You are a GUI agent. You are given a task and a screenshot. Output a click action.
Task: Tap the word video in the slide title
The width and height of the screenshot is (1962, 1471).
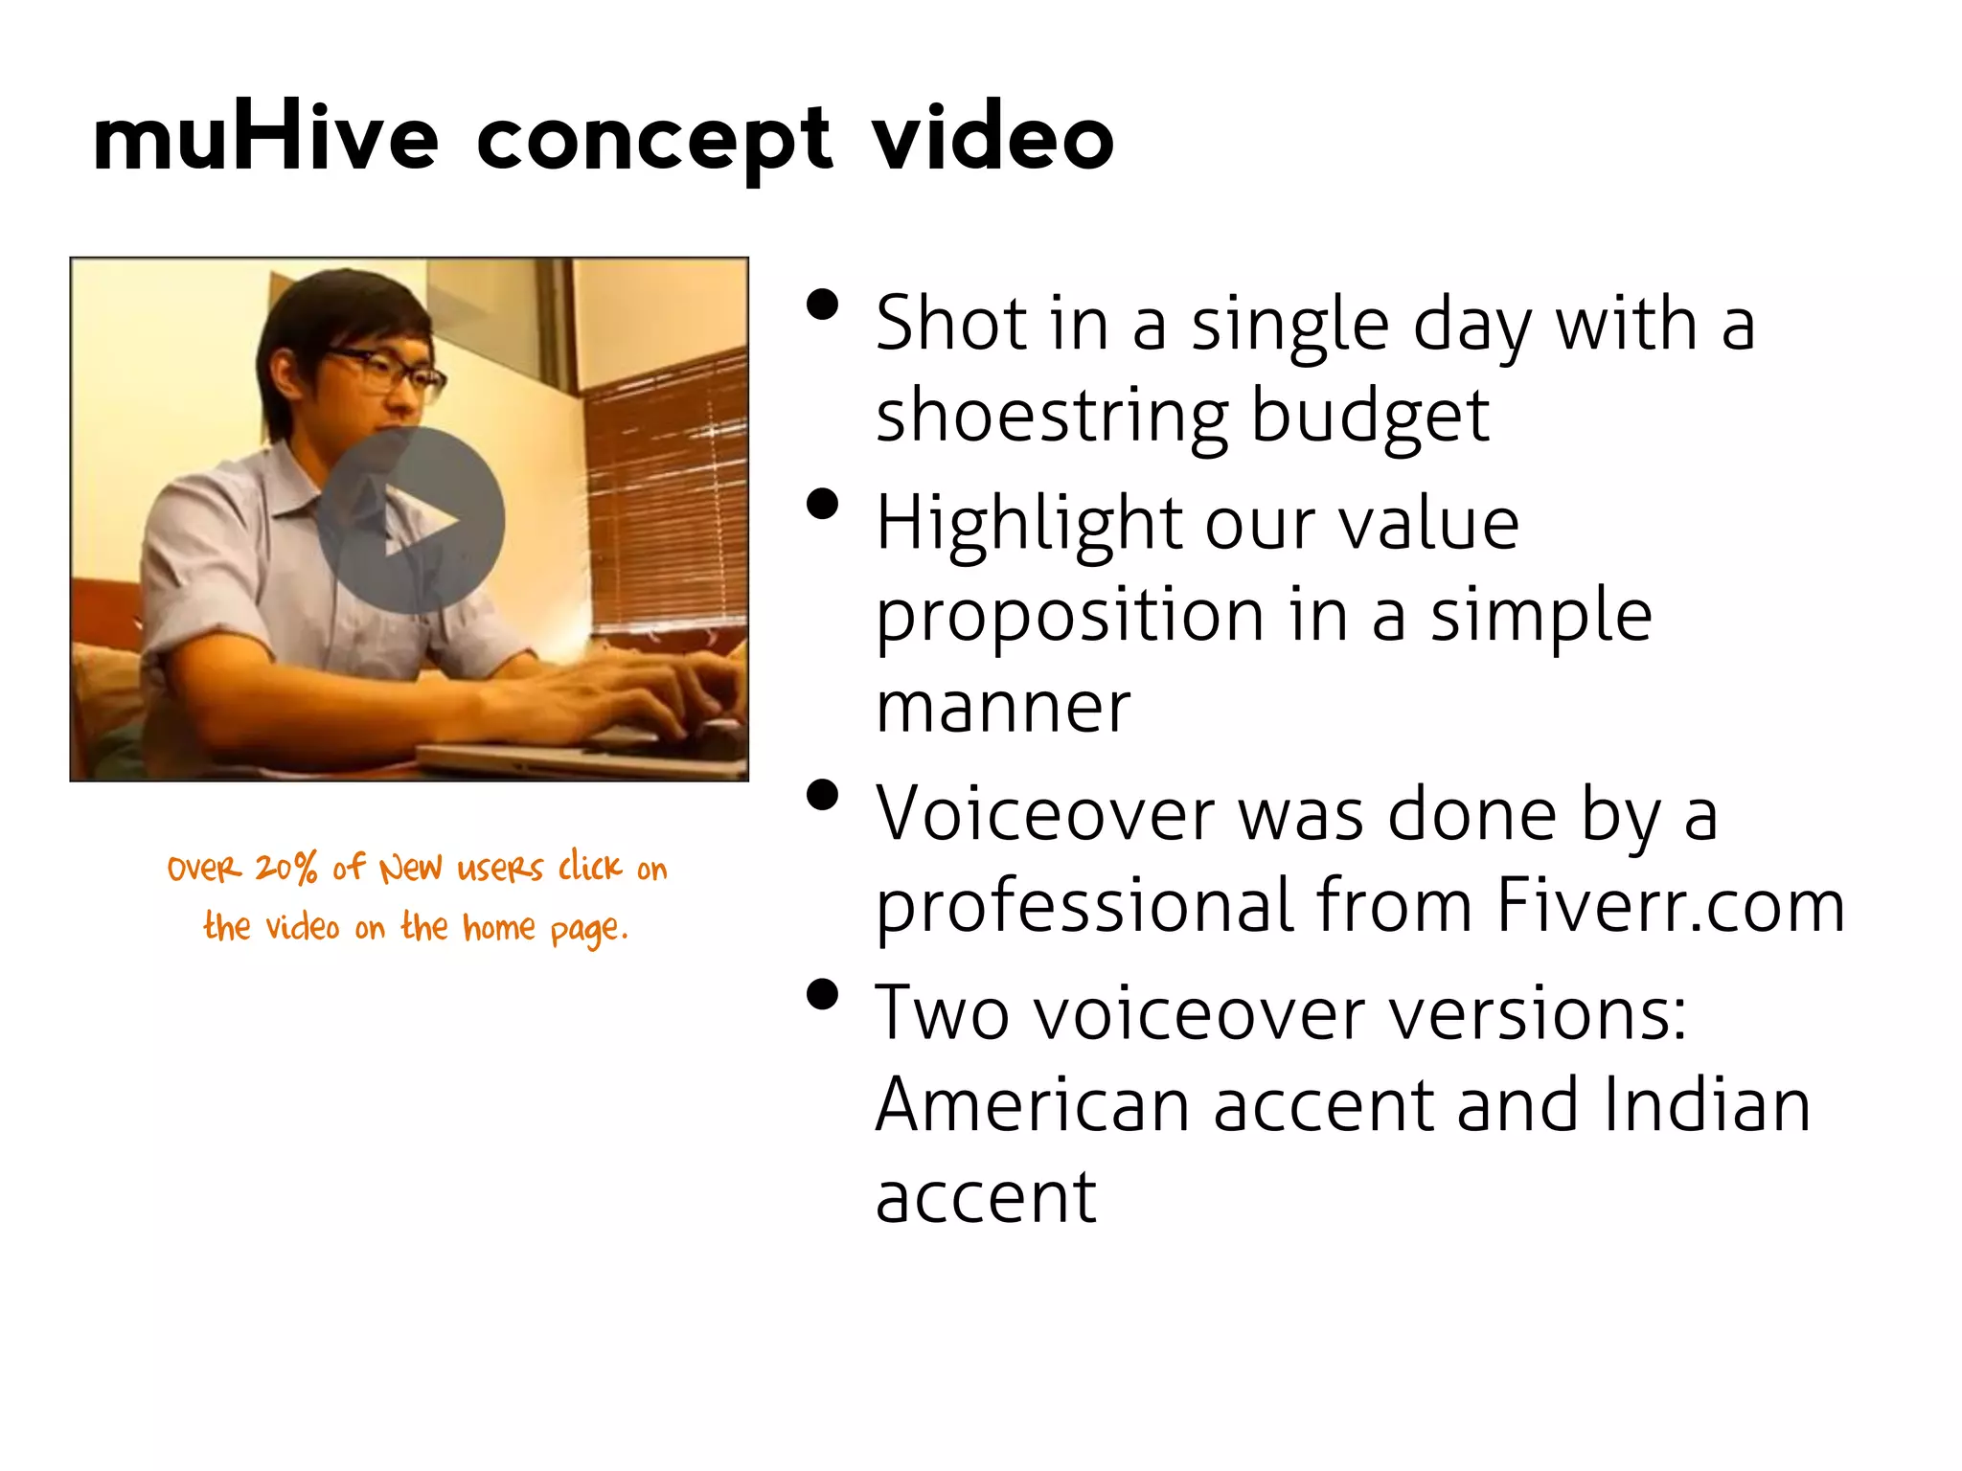[993, 140]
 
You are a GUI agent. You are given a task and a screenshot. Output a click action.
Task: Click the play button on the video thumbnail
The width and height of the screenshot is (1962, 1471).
[411, 520]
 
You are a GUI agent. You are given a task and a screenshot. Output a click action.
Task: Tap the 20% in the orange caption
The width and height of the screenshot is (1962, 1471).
[285, 868]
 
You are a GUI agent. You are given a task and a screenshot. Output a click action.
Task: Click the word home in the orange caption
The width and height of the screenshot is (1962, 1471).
[499, 927]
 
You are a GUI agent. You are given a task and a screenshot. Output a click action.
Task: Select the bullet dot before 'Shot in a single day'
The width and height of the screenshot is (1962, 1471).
[822, 306]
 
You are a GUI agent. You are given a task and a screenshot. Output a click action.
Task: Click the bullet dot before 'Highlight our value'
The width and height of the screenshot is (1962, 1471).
[822, 505]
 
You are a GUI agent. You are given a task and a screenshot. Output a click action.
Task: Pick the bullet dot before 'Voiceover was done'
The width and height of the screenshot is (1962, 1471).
[822, 796]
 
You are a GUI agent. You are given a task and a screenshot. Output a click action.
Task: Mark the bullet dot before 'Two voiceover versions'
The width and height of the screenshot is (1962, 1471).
[822, 995]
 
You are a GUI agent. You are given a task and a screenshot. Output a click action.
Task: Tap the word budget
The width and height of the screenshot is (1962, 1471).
[1370, 418]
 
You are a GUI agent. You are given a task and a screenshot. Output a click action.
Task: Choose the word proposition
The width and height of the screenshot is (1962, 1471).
[1069, 617]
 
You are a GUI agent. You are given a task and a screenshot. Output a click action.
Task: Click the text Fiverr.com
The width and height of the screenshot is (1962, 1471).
[1670, 905]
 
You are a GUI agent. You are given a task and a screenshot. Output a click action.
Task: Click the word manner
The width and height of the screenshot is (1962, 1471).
[1003, 708]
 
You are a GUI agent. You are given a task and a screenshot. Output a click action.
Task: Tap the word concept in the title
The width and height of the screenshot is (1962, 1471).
[654, 140]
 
